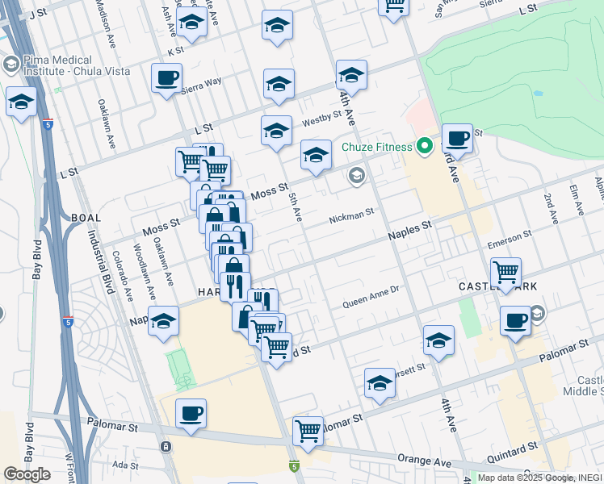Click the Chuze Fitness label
tap(376, 147)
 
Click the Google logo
tap(27, 474)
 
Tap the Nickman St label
tap(350, 217)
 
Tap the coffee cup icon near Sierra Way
tap(167, 79)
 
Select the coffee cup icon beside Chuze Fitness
tap(457, 139)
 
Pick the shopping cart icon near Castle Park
tap(505, 273)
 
